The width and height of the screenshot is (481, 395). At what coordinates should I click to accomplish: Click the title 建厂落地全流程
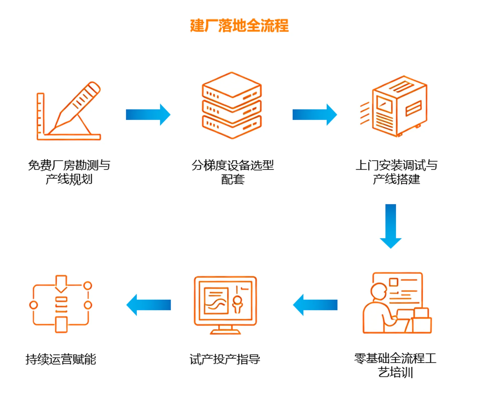239,26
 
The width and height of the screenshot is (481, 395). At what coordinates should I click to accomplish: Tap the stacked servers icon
232,105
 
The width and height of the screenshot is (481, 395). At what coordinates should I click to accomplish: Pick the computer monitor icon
225,304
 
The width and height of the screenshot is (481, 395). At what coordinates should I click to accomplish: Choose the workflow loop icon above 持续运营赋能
61,304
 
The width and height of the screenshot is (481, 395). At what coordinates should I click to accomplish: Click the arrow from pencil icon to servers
148,114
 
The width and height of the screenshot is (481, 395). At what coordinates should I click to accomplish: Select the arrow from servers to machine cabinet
315,114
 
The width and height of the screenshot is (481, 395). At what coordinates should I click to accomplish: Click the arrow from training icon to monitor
315,305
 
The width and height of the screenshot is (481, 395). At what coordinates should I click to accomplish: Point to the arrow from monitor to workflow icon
148,305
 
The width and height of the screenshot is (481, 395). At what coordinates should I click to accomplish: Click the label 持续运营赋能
61,359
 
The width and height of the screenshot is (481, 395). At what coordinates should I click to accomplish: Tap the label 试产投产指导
225,359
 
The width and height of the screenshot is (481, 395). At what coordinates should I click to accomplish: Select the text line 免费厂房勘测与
69,165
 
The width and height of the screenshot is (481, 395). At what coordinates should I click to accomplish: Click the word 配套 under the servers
233,179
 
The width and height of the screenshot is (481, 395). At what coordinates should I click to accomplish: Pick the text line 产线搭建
396,179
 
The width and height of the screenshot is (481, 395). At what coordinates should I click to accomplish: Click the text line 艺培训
396,372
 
